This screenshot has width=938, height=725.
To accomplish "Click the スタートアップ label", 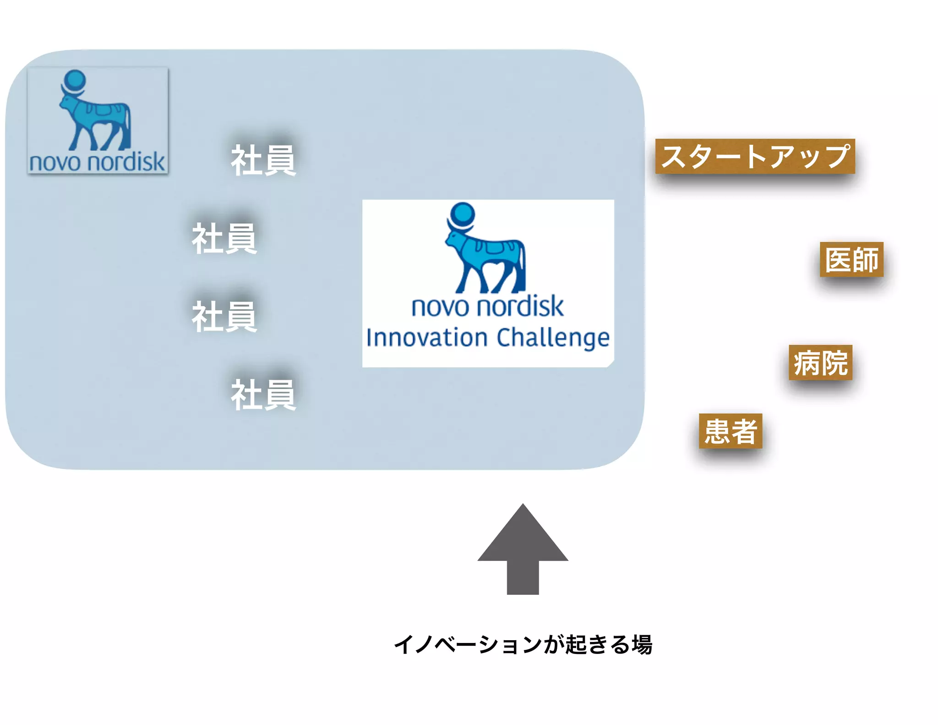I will [x=755, y=156].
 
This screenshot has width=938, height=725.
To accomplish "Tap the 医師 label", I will [x=851, y=259].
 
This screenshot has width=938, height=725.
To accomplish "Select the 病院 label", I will [x=820, y=362].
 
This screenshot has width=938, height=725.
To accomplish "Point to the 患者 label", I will [x=731, y=431].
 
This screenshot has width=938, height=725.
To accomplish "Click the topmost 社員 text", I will [x=263, y=160].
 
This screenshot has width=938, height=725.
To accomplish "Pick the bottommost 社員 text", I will [x=263, y=395].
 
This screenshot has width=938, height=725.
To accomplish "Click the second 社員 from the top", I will [x=224, y=239].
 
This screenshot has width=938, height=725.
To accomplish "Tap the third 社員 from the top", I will [x=224, y=317].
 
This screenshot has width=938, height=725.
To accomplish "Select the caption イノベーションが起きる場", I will [x=523, y=644].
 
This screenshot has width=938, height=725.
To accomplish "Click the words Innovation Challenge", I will [x=488, y=338].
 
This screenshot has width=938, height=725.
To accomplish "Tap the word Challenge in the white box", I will [x=553, y=338].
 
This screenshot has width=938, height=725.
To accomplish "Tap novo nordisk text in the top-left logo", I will [x=97, y=162].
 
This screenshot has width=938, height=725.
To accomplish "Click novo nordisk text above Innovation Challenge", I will [x=488, y=307].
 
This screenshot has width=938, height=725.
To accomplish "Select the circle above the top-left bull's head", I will [x=75, y=80].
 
